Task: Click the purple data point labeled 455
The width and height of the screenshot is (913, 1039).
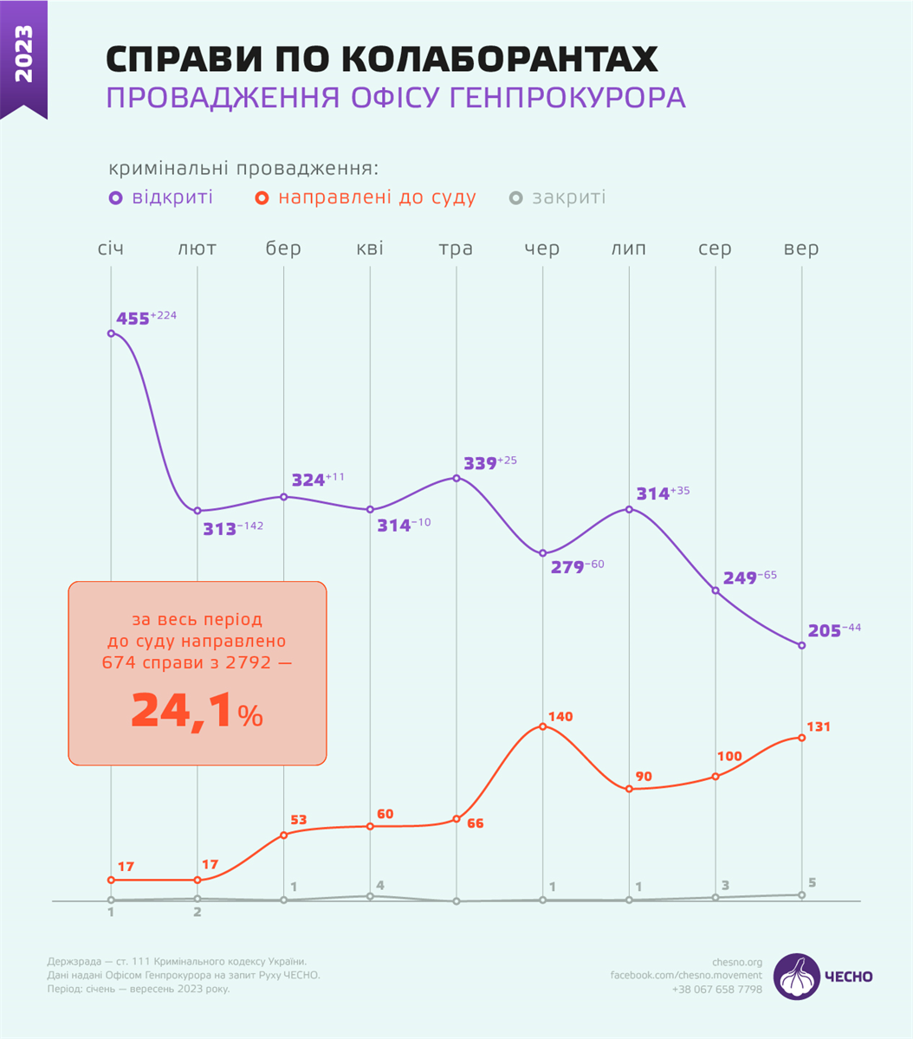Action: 111,332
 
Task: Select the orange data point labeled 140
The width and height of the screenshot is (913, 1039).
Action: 543,726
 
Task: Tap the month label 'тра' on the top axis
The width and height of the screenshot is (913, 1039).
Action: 456,249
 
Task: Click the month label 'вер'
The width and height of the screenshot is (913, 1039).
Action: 800,249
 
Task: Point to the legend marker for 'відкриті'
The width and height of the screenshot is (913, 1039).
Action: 115,198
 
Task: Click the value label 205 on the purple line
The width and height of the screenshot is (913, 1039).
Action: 825,631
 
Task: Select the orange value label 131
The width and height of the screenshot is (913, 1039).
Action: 818,726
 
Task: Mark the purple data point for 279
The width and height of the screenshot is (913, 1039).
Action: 543,553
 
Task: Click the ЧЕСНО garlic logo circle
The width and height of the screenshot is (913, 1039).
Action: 797,977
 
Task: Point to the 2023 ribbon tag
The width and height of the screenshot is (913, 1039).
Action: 23,57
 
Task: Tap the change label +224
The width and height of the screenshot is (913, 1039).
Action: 164,315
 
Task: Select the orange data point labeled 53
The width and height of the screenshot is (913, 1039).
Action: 284,836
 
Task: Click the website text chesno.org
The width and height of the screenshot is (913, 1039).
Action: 736,961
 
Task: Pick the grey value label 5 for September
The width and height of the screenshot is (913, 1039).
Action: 812,883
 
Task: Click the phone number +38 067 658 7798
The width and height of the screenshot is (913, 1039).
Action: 717,989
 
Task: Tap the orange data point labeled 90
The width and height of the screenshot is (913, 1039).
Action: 630,789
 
